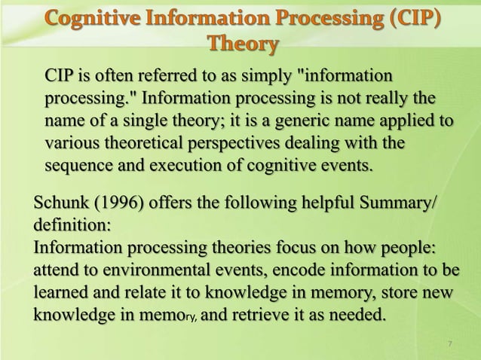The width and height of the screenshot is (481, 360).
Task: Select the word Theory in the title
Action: tap(241, 44)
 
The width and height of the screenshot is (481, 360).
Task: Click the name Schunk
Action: tap(63, 204)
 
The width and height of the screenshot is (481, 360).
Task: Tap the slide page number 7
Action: tap(449, 344)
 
